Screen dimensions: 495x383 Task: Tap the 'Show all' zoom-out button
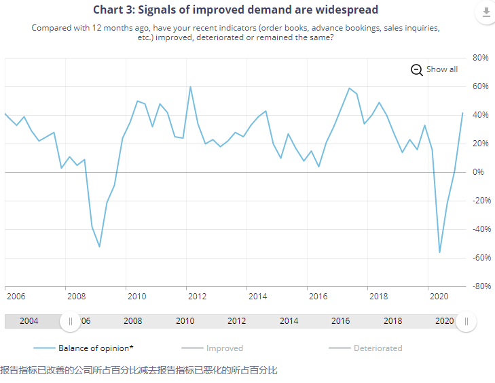click(x=434, y=69)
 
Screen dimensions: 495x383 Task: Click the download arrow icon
click(x=486, y=12)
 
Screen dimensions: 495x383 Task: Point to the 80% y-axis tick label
click(x=480, y=58)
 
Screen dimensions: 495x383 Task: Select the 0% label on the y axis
click(x=478, y=172)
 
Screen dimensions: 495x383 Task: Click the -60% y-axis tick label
click(x=481, y=258)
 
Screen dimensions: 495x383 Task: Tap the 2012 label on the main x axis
click(x=197, y=297)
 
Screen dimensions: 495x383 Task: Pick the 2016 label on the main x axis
click(x=318, y=297)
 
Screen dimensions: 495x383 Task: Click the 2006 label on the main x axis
click(x=16, y=297)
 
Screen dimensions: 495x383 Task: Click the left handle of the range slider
click(x=70, y=322)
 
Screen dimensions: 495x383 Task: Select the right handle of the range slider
click(x=466, y=322)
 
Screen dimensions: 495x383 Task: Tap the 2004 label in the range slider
click(x=29, y=321)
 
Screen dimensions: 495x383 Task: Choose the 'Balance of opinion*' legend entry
click(x=84, y=348)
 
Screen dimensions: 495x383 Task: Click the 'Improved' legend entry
click(x=212, y=348)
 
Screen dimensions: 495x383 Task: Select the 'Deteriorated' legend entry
click(x=365, y=348)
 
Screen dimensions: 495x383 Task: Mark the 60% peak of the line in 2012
click(x=190, y=86)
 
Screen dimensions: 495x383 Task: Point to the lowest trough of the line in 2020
click(x=439, y=252)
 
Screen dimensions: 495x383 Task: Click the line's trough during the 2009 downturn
click(x=99, y=247)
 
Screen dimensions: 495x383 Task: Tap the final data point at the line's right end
click(x=463, y=113)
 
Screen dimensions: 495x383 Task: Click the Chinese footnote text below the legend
click(x=139, y=370)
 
